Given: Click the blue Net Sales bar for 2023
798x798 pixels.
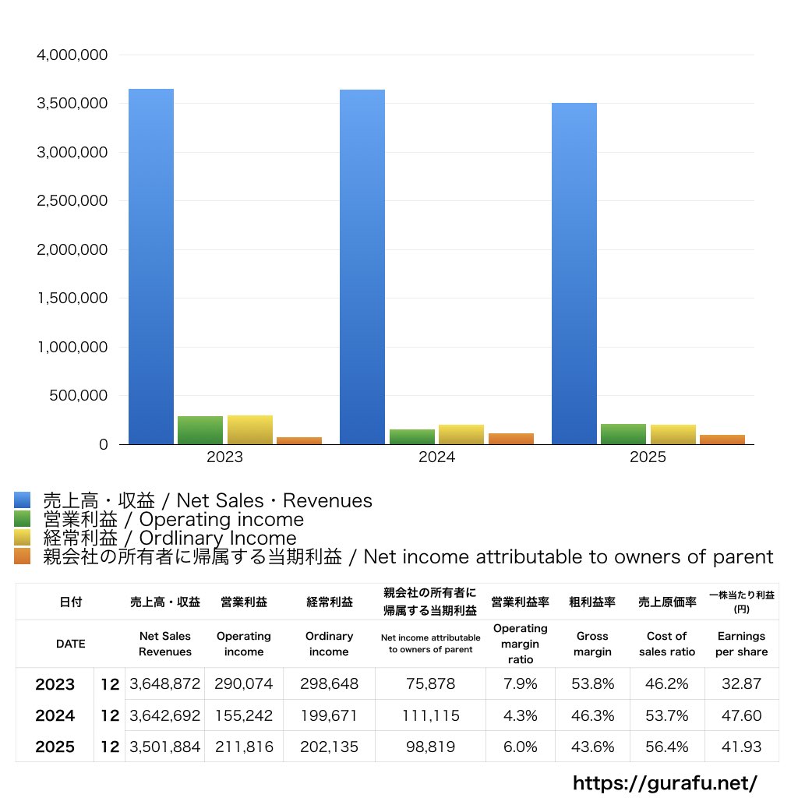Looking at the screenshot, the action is (x=150, y=267).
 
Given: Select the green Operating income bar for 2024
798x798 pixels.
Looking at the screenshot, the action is (x=412, y=436).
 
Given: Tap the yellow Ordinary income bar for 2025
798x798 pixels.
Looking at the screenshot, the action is (x=673, y=435).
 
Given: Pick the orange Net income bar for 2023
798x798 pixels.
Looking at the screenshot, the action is (x=299, y=441).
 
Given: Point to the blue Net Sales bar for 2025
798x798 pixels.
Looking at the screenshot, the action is (x=574, y=274).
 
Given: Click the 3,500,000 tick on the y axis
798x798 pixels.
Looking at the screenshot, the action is (x=72, y=104).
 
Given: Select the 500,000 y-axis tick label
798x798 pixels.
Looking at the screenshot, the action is (x=79, y=395).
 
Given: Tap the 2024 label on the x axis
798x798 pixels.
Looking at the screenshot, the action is (x=436, y=457).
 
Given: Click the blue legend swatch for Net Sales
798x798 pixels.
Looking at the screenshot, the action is (x=23, y=500).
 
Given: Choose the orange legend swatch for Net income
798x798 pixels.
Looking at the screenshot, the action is (x=23, y=556).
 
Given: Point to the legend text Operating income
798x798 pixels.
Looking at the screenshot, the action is (x=221, y=520).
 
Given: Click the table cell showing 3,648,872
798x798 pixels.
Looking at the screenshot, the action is (x=165, y=683).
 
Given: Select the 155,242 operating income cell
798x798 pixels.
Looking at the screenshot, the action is (x=244, y=715).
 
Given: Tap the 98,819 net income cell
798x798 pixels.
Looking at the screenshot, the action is (x=430, y=747).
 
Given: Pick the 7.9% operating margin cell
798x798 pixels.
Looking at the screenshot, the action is (x=520, y=683).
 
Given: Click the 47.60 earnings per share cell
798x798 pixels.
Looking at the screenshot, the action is (x=742, y=715).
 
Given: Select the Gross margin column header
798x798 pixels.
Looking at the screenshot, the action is (x=592, y=644).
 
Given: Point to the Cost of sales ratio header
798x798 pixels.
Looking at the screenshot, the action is (x=667, y=644).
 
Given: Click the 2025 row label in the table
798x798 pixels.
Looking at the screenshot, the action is (x=55, y=747).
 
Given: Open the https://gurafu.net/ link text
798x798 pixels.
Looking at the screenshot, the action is (x=665, y=783).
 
